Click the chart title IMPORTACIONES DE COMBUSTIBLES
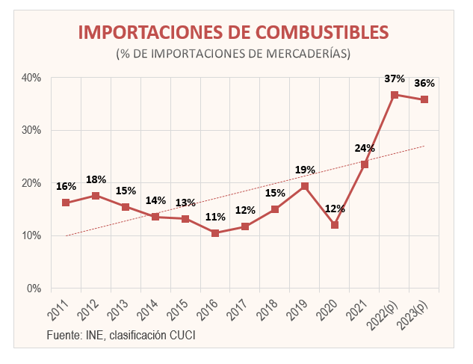click(234, 32)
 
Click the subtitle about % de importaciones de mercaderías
click(234, 54)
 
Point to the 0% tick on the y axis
click(33, 289)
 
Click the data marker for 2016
click(215, 233)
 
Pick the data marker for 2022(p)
click(395, 95)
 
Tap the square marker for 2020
click(335, 225)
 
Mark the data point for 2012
click(96, 196)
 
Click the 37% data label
click(395, 78)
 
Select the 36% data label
click(424, 83)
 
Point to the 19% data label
click(305, 170)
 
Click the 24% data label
click(365, 148)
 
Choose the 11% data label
click(215, 217)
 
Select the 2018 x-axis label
click(268, 307)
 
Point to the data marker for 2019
click(305, 186)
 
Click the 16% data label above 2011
click(66, 186)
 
